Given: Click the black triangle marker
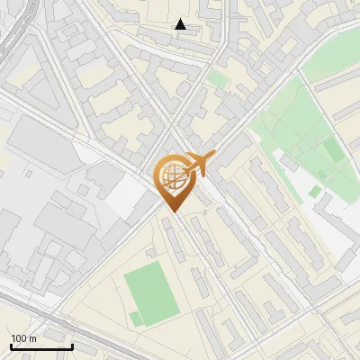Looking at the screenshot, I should point(181,24).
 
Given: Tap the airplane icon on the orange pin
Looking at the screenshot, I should point(199,165).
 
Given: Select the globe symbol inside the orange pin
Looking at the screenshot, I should point(171,176).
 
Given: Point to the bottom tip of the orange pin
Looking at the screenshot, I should point(172,212).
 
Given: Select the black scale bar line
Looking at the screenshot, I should point(41,346).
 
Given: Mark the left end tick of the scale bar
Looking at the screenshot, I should point(11,345).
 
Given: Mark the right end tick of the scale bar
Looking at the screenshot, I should point(72,345).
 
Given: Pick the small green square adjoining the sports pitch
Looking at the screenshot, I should point(135,318).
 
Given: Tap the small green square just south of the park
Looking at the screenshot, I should point(314,191).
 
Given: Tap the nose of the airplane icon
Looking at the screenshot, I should point(213,158).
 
